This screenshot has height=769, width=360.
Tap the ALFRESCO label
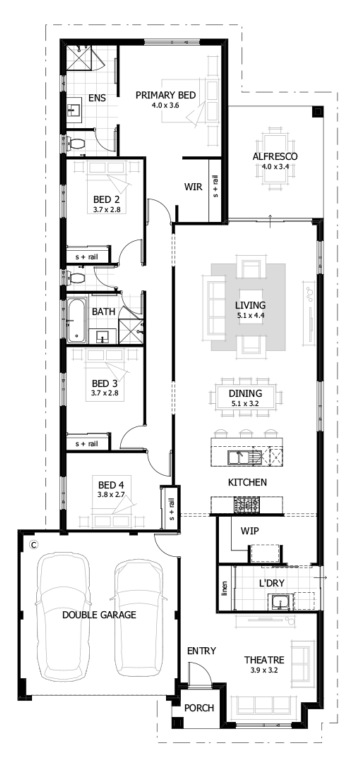pyautogui.click(x=273, y=157)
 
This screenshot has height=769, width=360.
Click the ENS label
pyautogui.click(x=97, y=98)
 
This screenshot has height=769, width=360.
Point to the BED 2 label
pyautogui.click(x=105, y=198)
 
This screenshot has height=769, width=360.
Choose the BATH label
pyautogui.click(x=103, y=312)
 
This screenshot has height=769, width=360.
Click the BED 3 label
pyautogui.click(x=105, y=383)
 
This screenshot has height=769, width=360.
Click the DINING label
pyautogui.click(x=245, y=394)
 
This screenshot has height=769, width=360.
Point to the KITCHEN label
pyautogui.click(x=245, y=483)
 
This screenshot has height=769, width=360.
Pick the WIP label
pyautogui.click(x=250, y=531)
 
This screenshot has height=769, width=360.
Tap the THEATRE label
pyautogui.click(x=265, y=660)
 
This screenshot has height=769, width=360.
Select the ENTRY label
pyautogui.click(x=201, y=651)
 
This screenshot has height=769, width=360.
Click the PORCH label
pyautogui.click(x=198, y=709)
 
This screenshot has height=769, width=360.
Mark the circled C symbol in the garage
pyautogui.click(x=33, y=546)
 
